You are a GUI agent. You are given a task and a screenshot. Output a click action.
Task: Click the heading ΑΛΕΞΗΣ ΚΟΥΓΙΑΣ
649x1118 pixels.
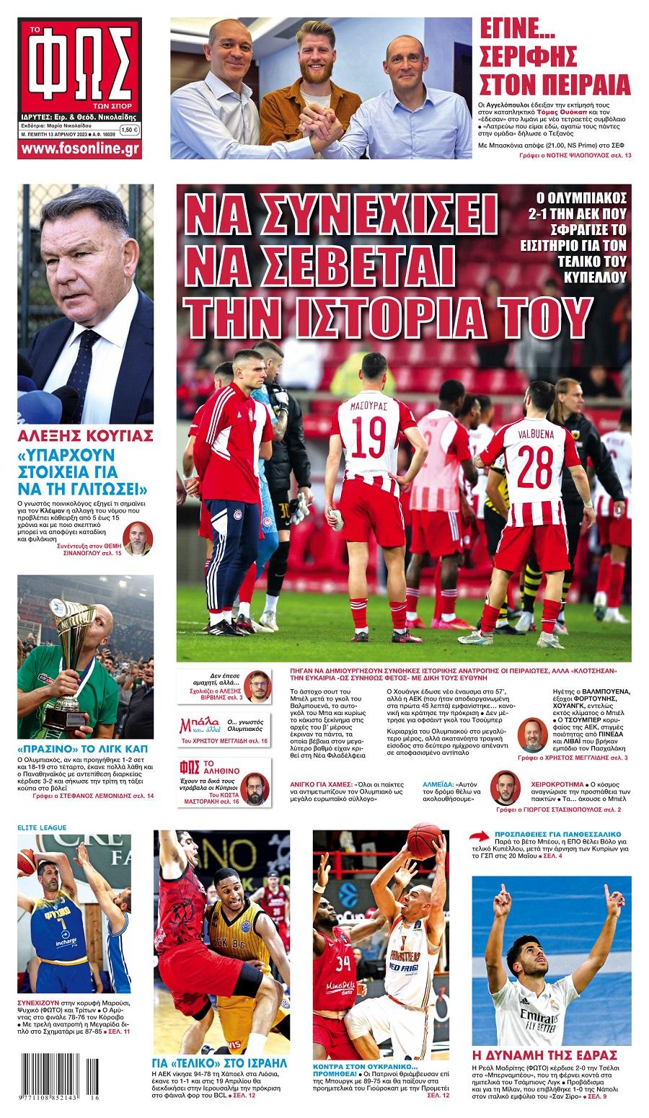coord(84,436)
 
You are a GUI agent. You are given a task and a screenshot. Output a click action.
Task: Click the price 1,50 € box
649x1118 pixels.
coord(129,130)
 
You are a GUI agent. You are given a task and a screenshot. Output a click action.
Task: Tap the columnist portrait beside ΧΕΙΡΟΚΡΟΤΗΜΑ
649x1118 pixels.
coord(506,788)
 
